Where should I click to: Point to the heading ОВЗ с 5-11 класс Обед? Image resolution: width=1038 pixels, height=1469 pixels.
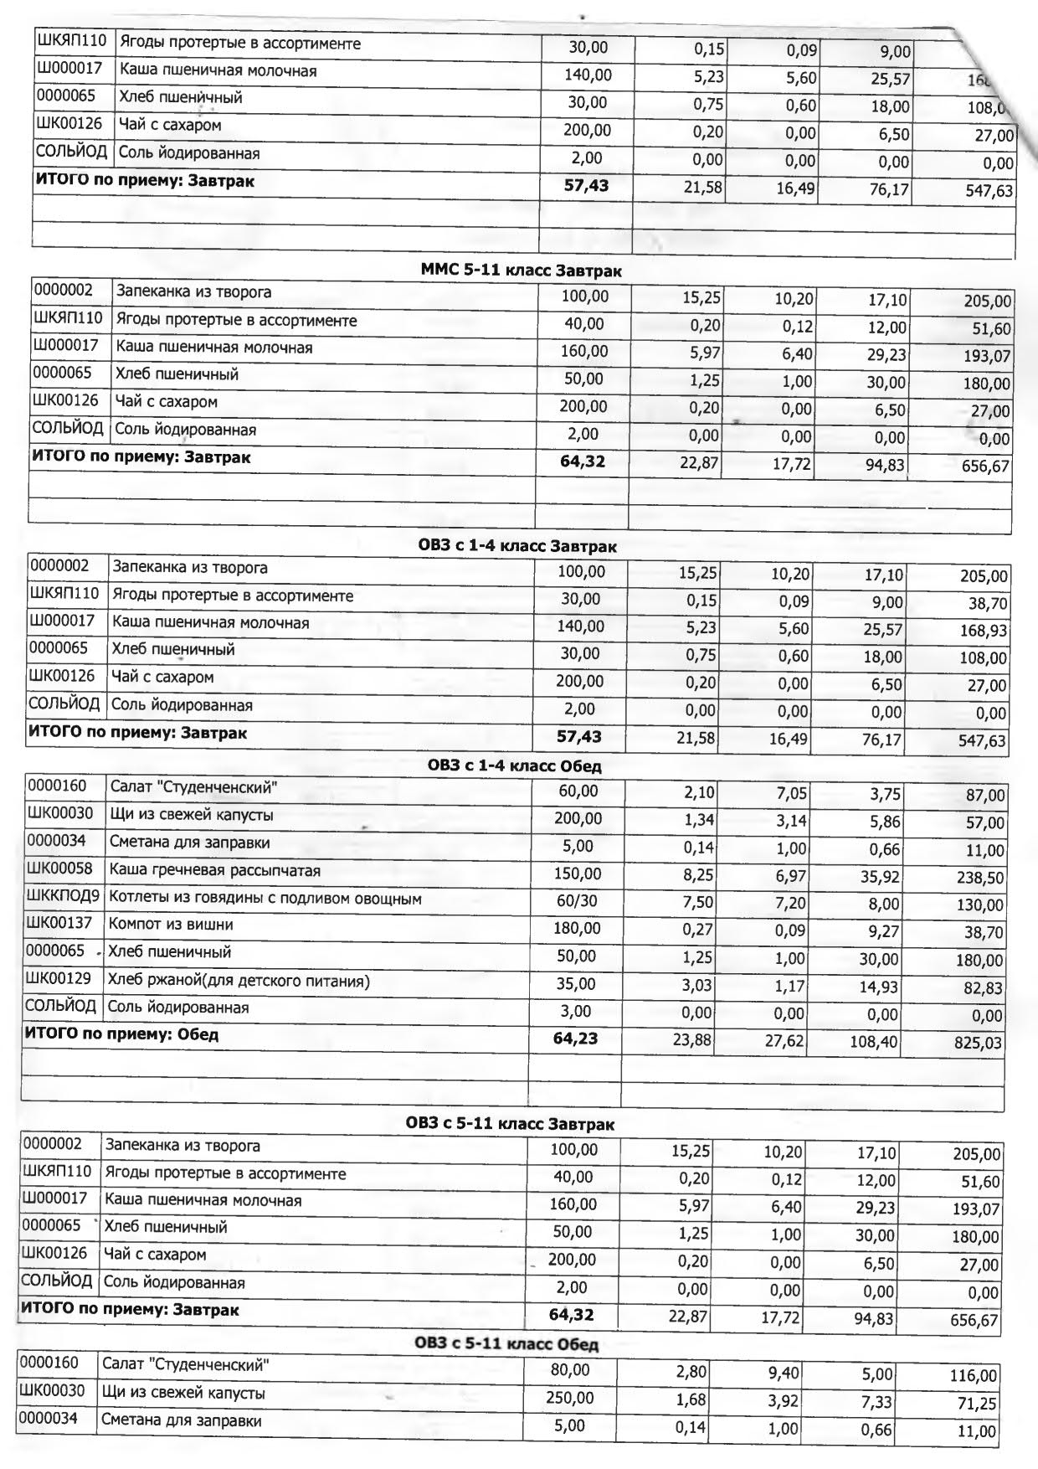[x=506, y=1344]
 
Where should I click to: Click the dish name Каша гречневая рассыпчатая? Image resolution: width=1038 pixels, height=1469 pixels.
[x=215, y=871]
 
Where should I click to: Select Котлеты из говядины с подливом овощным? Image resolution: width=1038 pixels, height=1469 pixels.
[x=265, y=899]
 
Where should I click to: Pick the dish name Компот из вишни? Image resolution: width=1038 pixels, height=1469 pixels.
[x=171, y=925]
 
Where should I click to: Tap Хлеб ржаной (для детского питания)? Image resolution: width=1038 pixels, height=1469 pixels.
[x=239, y=980]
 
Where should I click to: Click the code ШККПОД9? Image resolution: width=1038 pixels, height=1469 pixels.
[x=63, y=897]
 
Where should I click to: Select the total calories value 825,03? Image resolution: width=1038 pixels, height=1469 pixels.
[x=978, y=1044]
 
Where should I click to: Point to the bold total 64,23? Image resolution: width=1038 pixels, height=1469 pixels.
[x=575, y=1039]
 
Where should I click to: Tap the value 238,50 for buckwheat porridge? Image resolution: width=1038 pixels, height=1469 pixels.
[x=979, y=878]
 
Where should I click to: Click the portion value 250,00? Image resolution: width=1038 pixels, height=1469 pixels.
[x=570, y=1398]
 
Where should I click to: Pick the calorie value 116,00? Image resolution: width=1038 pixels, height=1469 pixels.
[x=974, y=1375]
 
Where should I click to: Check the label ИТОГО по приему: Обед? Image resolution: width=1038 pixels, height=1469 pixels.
[x=121, y=1034]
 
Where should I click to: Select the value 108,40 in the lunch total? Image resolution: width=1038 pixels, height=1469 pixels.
[x=874, y=1042]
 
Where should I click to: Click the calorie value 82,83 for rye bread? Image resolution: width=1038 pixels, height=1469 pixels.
[x=982, y=988]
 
